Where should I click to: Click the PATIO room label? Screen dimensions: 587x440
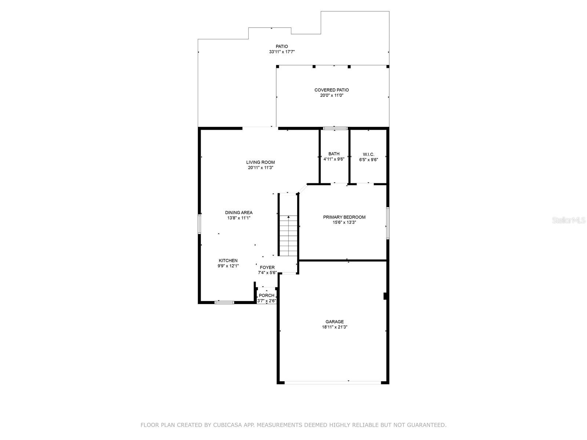(x=282, y=47)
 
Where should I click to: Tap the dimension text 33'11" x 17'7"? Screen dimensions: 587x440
(x=282, y=52)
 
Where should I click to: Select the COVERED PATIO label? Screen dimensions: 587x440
(x=331, y=90)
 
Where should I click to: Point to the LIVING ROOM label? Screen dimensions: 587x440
(x=260, y=162)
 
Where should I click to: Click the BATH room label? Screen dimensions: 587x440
(x=334, y=154)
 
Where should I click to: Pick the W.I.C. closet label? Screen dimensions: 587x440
(x=368, y=154)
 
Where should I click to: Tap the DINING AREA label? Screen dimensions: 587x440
(x=238, y=213)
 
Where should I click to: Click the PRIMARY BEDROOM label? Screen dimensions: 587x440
(x=344, y=217)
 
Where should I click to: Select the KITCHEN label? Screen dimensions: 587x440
(x=228, y=260)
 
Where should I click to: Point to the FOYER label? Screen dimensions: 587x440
(x=267, y=267)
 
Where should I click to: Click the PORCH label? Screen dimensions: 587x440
(x=266, y=296)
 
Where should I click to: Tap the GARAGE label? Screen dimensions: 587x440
(x=335, y=322)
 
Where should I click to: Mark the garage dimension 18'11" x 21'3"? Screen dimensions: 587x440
(x=335, y=327)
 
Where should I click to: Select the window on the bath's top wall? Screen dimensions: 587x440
(x=335, y=128)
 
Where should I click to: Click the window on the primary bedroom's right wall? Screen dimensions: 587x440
(x=388, y=223)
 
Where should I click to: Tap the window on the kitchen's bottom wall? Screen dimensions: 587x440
(x=224, y=302)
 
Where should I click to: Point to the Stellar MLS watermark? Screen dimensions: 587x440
(x=569, y=220)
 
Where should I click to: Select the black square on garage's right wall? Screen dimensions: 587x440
(x=385, y=296)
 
